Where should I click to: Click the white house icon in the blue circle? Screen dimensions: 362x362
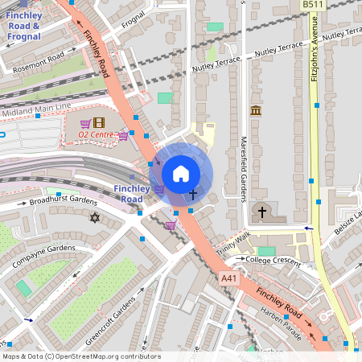coord(181,173)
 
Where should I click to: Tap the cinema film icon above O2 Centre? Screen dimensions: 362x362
coord(98,123)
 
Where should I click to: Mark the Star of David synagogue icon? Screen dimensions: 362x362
coord(94,217)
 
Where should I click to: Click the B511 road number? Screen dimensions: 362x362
coord(314,5)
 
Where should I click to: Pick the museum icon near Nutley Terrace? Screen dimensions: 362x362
coord(256,110)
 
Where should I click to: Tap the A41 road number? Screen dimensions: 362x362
coord(230,278)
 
